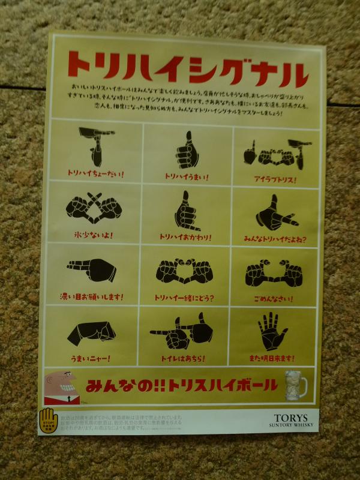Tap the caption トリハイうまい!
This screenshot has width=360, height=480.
coord(186,176)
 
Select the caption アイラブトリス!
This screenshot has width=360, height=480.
coord(275,179)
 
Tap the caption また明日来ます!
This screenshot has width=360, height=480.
coord(272,359)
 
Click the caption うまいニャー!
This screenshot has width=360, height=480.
coord(90,358)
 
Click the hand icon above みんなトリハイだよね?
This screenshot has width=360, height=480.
coord(274,213)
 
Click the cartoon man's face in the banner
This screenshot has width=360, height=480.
coord(61,383)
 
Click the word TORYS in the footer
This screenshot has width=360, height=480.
coord(291,418)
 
